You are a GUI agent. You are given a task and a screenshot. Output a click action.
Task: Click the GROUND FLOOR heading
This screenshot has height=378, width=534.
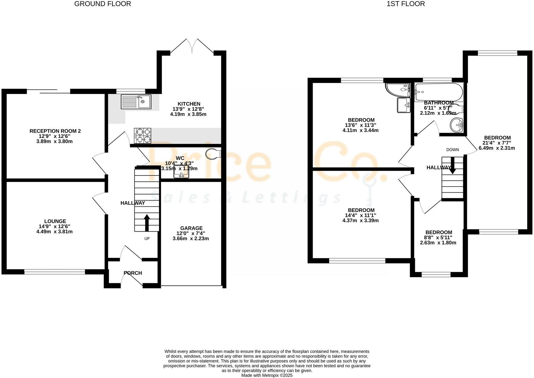[103, 4]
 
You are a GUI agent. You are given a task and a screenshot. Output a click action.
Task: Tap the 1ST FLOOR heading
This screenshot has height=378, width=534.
[406, 4]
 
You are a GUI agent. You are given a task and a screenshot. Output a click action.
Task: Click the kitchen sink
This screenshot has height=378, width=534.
[136, 102]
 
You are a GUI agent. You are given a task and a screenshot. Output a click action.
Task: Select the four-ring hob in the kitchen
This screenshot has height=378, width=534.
[143, 135]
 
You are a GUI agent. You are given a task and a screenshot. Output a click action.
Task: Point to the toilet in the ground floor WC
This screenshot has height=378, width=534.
[213, 154]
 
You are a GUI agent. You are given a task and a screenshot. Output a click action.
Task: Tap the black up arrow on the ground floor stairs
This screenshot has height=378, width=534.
[147, 223]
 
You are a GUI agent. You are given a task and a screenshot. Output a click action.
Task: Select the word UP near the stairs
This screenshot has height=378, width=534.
[147, 238]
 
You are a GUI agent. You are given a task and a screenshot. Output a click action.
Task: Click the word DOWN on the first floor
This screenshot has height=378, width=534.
[453, 150]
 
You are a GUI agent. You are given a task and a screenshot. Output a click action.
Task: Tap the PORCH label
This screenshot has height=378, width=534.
[133, 273]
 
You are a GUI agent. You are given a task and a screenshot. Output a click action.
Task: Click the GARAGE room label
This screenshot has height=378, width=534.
[191, 228]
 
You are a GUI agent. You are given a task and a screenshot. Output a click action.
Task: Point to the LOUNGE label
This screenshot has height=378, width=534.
[55, 221]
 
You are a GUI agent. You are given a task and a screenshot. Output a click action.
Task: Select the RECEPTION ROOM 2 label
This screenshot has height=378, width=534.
[55, 131]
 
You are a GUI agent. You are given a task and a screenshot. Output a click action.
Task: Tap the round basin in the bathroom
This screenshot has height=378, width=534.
[457, 125]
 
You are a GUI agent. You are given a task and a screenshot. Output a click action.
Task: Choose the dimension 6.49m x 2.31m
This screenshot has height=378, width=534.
[497, 148]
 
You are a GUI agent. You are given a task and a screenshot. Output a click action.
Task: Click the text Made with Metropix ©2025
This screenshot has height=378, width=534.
[267, 375]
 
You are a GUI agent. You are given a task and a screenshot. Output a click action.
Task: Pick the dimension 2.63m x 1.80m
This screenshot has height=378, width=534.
[438, 243]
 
